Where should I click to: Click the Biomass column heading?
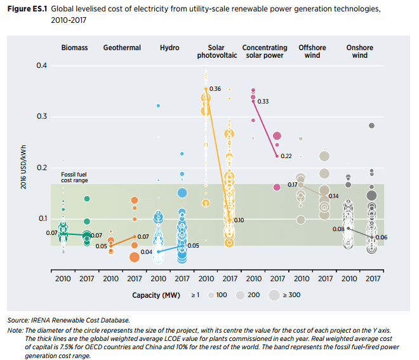click(74, 48)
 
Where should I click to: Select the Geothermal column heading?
click(122, 48)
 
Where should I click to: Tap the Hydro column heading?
click(170, 48)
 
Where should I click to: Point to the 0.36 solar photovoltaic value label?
click(215, 89)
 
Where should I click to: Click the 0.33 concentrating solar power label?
click(263, 102)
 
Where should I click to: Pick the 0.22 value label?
click(286, 156)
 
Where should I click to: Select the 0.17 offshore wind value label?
click(293, 184)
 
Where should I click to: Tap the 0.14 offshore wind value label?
click(333, 196)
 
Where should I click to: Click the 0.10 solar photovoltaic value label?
click(239, 220)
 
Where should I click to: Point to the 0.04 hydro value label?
click(146, 252)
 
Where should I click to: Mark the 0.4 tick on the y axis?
click(42, 66)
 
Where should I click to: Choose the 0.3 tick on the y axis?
click(42, 117)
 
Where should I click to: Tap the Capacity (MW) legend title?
click(157, 295)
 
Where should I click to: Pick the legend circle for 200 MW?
click(241, 295)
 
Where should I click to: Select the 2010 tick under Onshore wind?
click(349, 279)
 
